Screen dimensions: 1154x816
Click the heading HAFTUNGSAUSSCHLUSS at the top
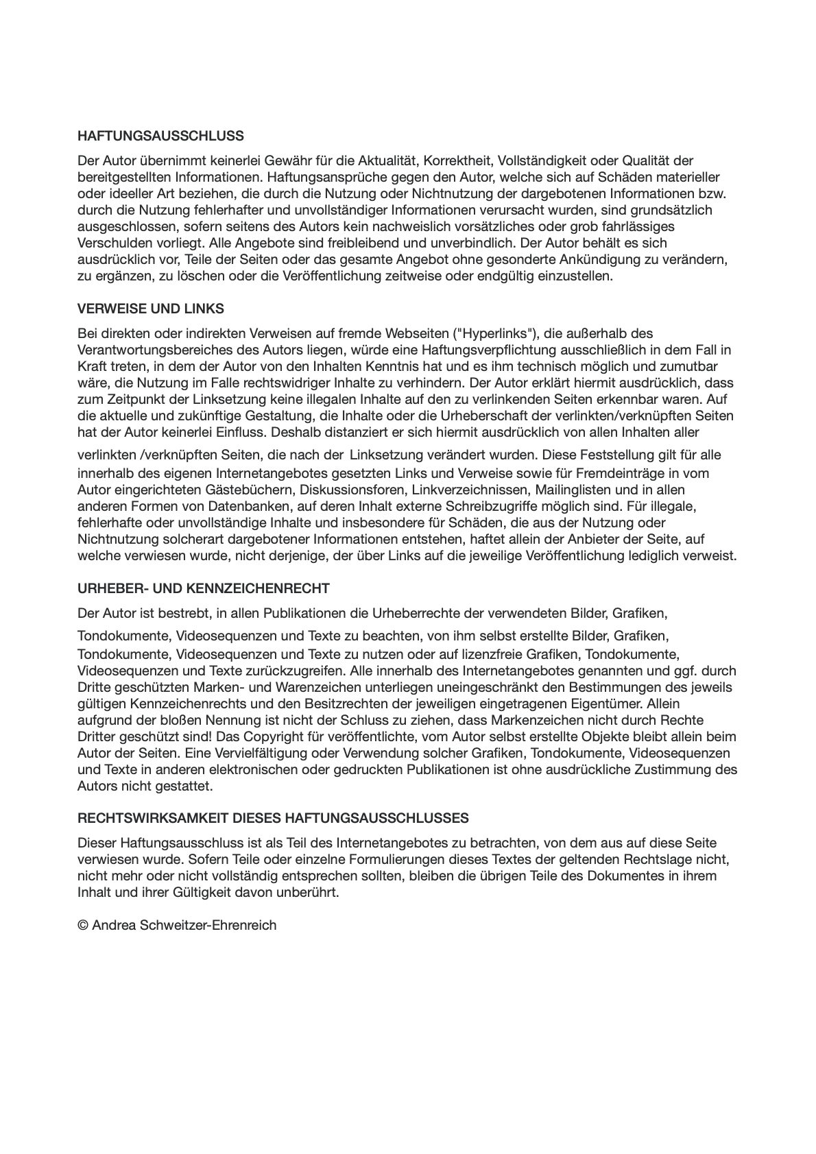pos(160,136)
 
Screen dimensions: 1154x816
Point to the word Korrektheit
pos(457,161)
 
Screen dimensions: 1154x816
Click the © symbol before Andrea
pos(82,926)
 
